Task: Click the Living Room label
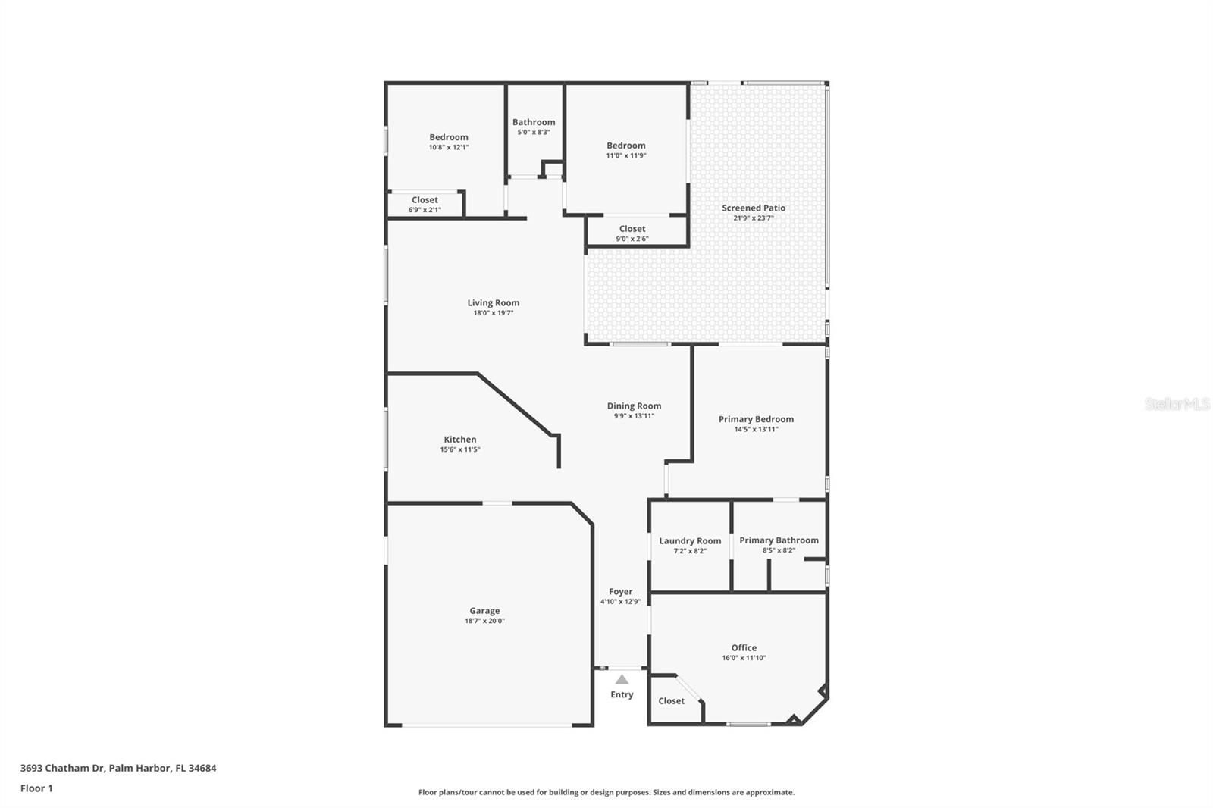pos(494,302)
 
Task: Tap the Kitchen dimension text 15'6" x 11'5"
pos(460,449)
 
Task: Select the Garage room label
pos(484,610)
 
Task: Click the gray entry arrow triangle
pos(622,679)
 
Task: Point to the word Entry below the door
pos(622,694)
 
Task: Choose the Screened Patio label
pos(754,208)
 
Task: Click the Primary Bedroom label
pos(756,419)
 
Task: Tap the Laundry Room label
pos(690,540)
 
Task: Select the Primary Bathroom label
pos(779,540)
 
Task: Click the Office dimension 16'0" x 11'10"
pos(744,658)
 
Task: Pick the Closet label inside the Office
pos(671,700)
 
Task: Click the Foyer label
pos(620,591)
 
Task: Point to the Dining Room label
pos(634,406)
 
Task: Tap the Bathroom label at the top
pos(534,122)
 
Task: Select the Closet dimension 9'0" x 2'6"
pos(632,239)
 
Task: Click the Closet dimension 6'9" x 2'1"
pos(425,210)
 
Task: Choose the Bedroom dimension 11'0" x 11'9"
pos(626,155)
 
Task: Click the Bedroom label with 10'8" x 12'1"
pos(449,137)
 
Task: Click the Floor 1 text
pos(36,788)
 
